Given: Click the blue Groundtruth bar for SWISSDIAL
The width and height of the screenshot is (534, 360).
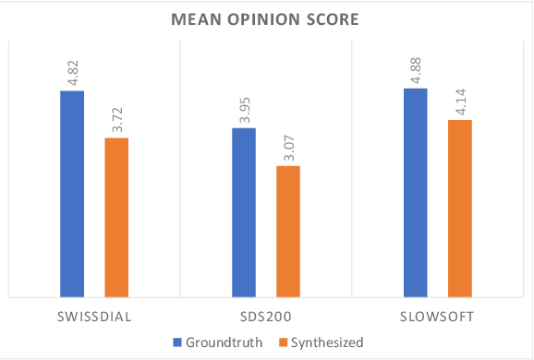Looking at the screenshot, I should coord(72,194).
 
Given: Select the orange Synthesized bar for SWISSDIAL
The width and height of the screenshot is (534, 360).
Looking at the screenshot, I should coord(115,217).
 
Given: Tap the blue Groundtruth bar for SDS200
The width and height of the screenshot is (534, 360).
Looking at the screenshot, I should coord(244,212).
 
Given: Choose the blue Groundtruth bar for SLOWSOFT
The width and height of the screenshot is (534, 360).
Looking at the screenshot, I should coord(416,193).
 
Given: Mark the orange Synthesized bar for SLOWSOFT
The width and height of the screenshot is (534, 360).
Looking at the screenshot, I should coord(459,209).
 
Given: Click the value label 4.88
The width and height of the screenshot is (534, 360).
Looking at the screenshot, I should coord(416,72).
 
